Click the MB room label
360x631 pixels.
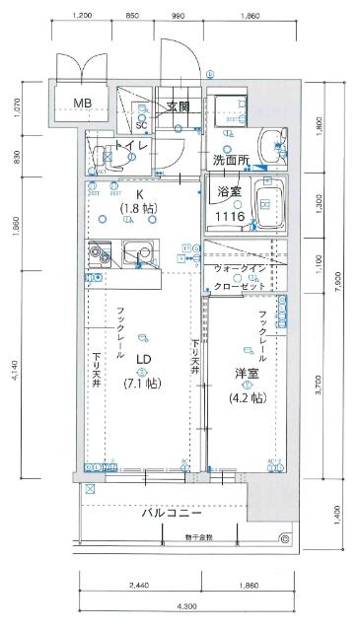point(81,104)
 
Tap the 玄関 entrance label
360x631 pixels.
point(178,106)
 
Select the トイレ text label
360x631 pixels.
point(131,147)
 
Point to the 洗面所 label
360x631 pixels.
point(230,160)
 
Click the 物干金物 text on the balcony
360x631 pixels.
point(196,538)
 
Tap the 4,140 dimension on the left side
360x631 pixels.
point(14,371)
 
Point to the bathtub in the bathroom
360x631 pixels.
point(267,201)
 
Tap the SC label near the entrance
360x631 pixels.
point(141,125)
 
